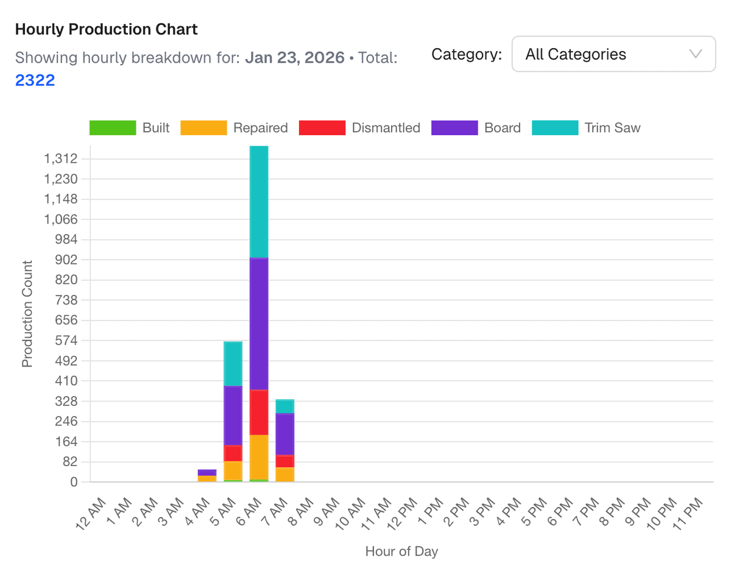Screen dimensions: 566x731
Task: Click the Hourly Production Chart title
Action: [106, 29]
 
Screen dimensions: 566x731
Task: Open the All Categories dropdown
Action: [613, 54]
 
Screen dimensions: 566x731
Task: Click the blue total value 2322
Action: [35, 80]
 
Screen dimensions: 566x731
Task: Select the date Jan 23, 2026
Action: [295, 58]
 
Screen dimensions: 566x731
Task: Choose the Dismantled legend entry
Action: [359, 128]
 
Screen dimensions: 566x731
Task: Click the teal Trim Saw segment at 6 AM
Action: [259, 201]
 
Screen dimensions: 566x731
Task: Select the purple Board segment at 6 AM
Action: [259, 323]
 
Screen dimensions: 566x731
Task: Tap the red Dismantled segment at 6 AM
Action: [259, 412]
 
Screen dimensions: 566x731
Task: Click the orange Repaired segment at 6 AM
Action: [259, 457]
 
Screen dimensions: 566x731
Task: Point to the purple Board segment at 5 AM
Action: [233, 415]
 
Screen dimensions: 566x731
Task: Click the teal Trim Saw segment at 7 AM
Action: [285, 406]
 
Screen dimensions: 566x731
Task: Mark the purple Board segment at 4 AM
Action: [207, 472]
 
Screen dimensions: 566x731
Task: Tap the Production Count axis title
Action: [27, 314]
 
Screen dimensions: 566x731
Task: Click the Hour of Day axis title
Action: [401, 551]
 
